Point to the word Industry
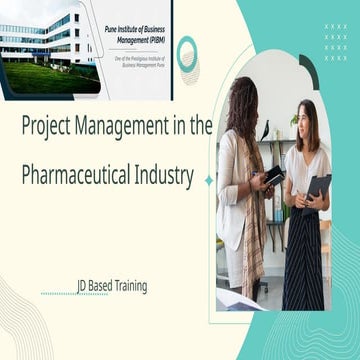(161, 177)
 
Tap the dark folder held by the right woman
(318, 188)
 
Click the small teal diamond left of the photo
(209, 180)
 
